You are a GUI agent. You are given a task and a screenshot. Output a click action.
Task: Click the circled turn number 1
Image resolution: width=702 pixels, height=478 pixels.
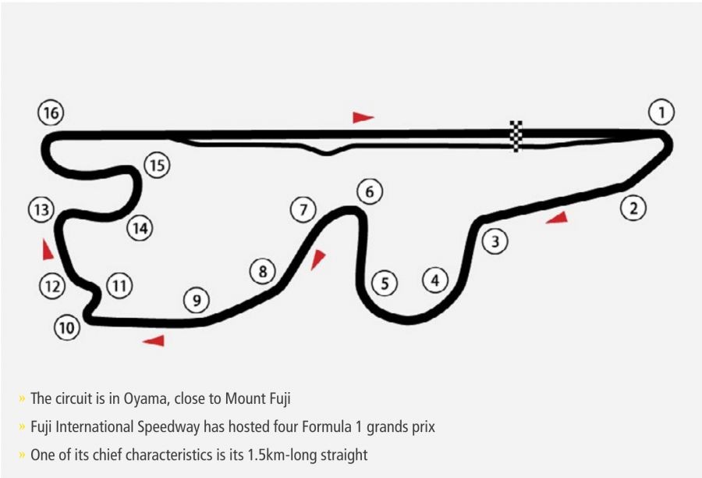pyautogui.click(x=661, y=113)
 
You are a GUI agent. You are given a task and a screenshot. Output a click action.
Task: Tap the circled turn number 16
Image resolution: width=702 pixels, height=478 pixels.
pyautogui.click(x=51, y=113)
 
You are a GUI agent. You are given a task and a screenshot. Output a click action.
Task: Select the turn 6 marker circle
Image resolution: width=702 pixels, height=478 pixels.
pyautogui.click(x=370, y=191)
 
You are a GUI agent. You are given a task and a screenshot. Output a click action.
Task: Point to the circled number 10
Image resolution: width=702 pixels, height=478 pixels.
pyautogui.click(x=66, y=328)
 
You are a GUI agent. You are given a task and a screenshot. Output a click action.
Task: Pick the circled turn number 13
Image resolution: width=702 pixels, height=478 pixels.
pyautogui.click(x=41, y=210)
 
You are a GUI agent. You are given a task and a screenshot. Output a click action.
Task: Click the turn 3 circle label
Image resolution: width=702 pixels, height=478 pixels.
pyautogui.click(x=495, y=241)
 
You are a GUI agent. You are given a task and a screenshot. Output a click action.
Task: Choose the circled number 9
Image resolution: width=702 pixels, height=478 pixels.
pyautogui.click(x=197, y=300)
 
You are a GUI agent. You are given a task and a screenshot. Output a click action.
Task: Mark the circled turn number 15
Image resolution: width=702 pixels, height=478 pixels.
pyautogui.click(x=157, y=165)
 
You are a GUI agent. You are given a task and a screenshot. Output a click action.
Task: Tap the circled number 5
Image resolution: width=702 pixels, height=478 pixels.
pyautogui.click(x=385, y=283)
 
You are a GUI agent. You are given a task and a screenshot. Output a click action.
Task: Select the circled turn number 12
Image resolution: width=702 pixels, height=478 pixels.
pyautogui.click(x=52, y=287)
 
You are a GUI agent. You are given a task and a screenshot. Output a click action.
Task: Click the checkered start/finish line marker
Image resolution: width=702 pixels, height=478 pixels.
pyautogui.click(x=516, y=136)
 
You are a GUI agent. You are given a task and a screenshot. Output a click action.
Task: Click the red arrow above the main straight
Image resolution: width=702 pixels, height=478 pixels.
pyautogui.click(x=362, y=117)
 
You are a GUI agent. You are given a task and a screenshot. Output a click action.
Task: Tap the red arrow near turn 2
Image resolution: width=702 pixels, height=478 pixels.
pyautogui.click(x=557, y=218)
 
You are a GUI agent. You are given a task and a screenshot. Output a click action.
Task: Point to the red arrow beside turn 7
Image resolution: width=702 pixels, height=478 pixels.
pyautogui.click(x=317, y=259)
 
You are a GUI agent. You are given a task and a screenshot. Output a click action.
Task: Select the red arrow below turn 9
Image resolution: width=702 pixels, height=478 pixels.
pyautogui.click(x=154, y=340)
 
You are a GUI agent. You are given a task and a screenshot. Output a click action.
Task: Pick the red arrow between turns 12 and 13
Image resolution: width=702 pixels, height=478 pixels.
pyautogui.click(x=48, y=249)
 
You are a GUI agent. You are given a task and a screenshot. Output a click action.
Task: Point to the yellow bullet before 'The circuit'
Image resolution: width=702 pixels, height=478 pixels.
pyautogui.click(x=22, y=400)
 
